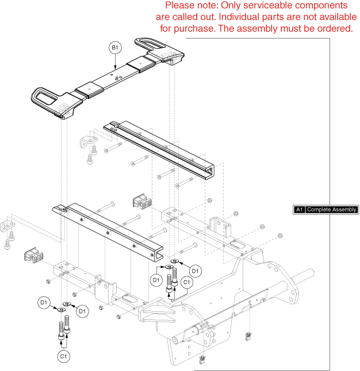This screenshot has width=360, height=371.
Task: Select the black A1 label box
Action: click(x=298, y=210)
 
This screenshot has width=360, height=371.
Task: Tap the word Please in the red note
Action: click(x=180, y=5)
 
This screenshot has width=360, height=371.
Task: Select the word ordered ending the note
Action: click(x=333, y=28)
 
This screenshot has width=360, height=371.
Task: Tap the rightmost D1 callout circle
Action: click(x=196, y=270)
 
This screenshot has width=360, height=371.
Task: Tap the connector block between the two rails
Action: click(x=141, y=203)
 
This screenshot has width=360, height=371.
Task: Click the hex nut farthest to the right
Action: click(x=279, y=235)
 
